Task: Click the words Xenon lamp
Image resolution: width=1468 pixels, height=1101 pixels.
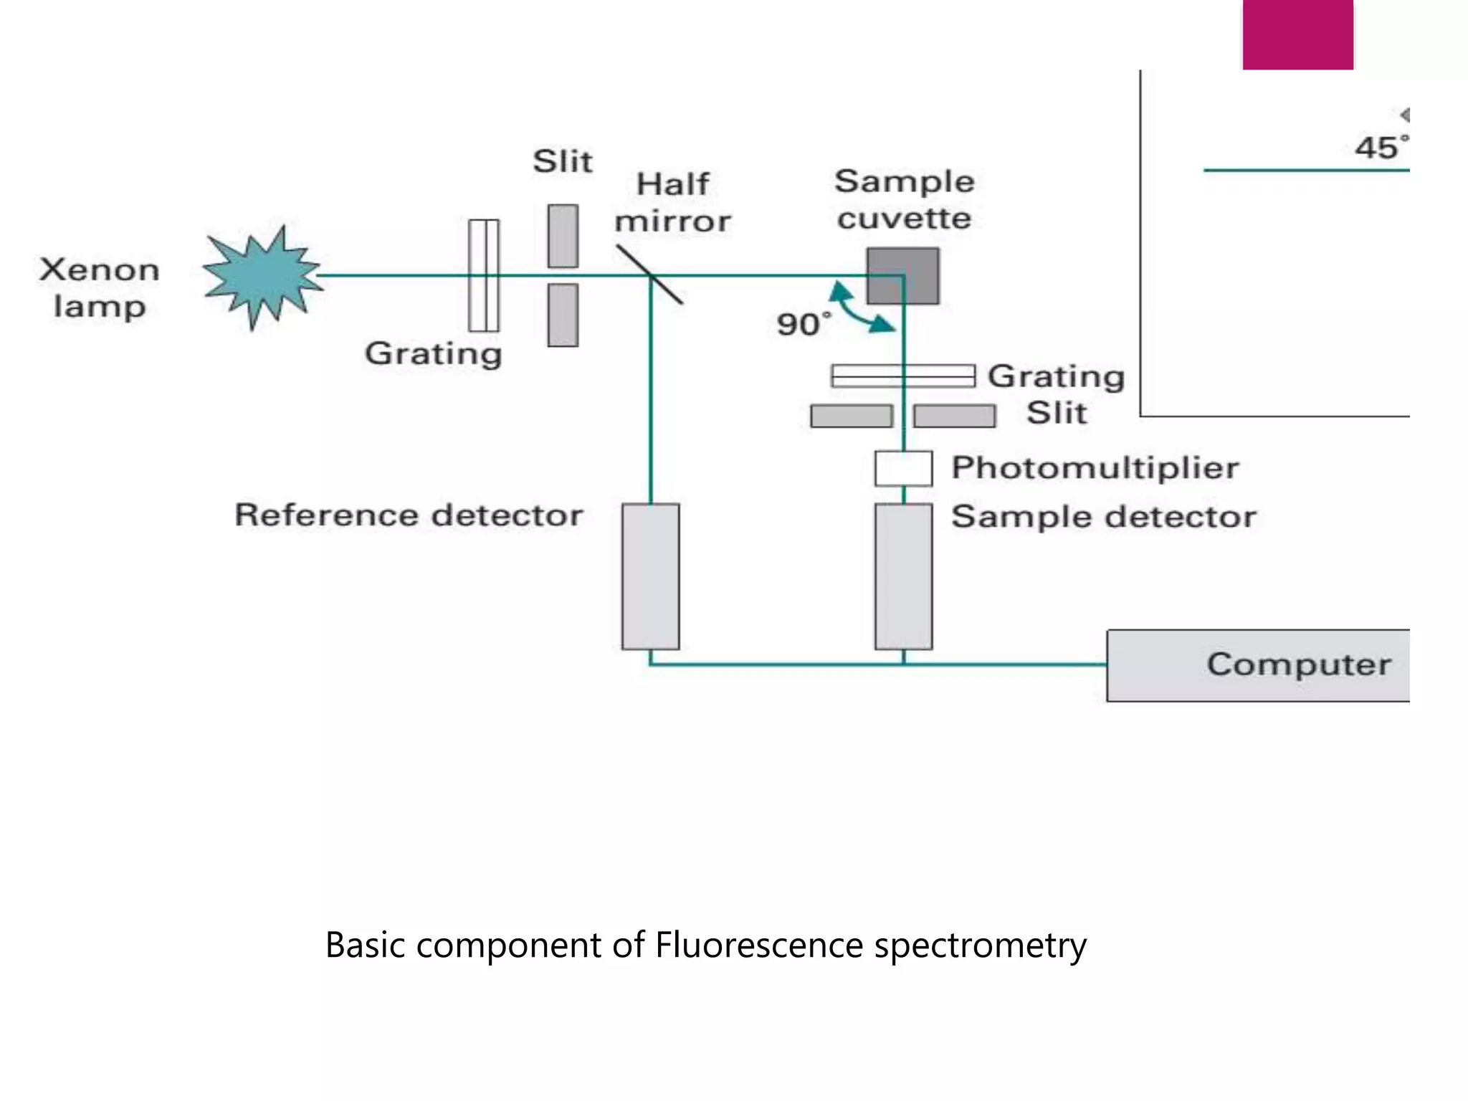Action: tap(100, 288)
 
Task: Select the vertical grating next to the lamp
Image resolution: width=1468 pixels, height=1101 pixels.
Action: tap(484, 275)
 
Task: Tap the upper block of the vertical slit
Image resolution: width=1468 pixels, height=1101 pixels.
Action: tap(563, 236)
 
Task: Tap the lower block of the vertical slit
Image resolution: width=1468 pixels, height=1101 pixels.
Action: tap(563, 315)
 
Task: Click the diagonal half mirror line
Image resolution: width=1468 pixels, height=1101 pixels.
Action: tap(649, 275)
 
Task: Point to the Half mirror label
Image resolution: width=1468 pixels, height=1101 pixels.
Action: tap(672, 203)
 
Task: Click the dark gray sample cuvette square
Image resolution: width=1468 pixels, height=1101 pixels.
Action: tap(902, 276)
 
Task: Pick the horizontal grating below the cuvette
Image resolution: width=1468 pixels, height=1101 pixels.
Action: tap(902, 376)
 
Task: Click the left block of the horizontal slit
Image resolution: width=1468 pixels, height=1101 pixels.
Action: tap(851, 416)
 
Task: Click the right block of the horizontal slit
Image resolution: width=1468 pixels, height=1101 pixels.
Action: tap(954, 416)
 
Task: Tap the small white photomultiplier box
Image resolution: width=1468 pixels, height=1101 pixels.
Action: tap(903, 468)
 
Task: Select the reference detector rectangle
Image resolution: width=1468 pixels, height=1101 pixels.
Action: tap(650, 576)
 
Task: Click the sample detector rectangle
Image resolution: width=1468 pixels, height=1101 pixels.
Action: tap(903, 576)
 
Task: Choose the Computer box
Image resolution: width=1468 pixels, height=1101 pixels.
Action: tap(1258, 665)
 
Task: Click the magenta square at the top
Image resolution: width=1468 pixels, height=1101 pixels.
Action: tap(1297, 34)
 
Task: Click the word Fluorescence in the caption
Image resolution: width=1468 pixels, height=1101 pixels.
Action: tap(758, 945)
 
